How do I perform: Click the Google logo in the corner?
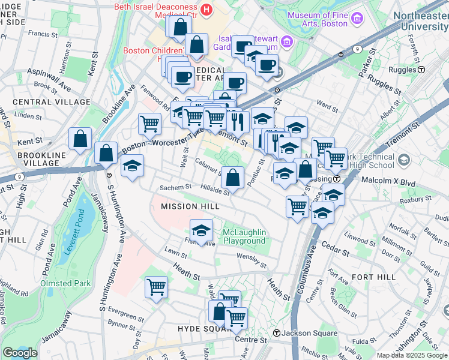(20, 353)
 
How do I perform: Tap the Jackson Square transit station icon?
(276, 333)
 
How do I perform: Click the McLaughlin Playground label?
(244, 237)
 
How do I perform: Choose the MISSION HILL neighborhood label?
(187, 206)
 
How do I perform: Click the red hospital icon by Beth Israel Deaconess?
(206, 9)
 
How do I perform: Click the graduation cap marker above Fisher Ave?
(201, 230)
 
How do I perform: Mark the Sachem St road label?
(175, 188)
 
